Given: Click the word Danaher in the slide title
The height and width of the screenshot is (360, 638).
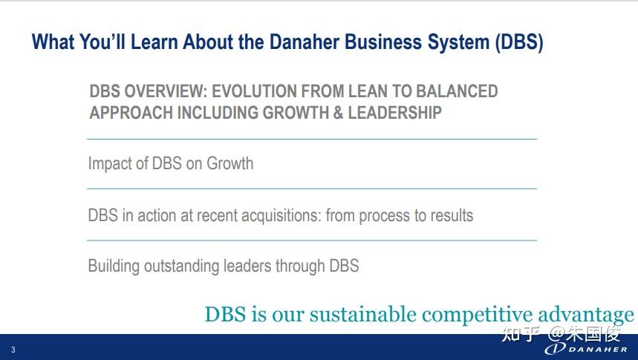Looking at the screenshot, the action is coord(305,42).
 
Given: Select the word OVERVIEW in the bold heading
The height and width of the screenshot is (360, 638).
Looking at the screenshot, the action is coord(166,91).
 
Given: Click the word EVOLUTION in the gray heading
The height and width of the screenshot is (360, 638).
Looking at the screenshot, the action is coord(257,91).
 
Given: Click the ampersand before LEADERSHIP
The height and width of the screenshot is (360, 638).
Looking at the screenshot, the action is coord(338,113).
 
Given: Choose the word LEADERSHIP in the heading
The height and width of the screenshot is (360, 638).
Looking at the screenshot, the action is coord(394,113).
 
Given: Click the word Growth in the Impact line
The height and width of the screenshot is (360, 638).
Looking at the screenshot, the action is coord(230,163).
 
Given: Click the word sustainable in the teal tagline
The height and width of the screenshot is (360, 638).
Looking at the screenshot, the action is coord(363,314).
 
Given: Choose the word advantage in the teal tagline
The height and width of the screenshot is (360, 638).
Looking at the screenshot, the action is coord(585,315).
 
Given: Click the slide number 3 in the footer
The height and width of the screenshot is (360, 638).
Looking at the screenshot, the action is coord(13,350).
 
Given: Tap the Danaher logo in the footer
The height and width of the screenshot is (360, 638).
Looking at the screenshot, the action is coord(586,349).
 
